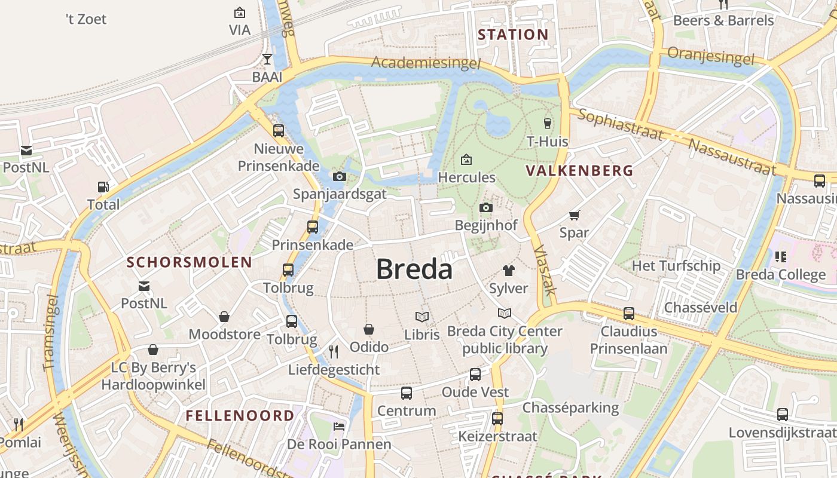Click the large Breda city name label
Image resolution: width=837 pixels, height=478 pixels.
pyautogui.click(x=414, y=269)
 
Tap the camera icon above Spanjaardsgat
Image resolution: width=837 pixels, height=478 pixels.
pyautogui.click(x=339, y=176)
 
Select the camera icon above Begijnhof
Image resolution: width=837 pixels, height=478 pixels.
pyautogui.click(x=485, y=207)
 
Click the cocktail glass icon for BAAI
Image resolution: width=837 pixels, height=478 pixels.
pyautogui.click(x=267, y=59)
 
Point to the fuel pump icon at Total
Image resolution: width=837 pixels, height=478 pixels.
pyautogui.click(x=103, y=187)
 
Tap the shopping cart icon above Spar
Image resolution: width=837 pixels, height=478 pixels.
pyautogui.click(x=574, y=215)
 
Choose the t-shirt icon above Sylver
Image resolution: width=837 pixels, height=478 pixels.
pyautogui.click(x=508, y=271)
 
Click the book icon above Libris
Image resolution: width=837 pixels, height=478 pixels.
pyautogui.click(x=422, y=317)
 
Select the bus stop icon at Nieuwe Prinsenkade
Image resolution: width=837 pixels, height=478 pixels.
pyautogui.click(x=279, y=130)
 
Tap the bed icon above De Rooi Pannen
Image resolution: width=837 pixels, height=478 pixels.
pyautogui.click(x=339, y=426)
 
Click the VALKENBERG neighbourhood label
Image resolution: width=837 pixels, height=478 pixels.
pyautogui.click(x=579, y=170)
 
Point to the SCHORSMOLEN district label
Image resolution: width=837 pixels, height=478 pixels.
pyautogui.click(x=190, y=262)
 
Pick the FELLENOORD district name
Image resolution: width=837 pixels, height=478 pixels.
pyautogui.click(x=240, y=415)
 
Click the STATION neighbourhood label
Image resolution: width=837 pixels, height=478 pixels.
pyautogui.click(x=513, y=35)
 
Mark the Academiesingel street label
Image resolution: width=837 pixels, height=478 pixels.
pyautogui.click(x=426, y=63)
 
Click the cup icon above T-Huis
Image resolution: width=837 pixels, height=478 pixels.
pyautogui.click(x=547, y=124)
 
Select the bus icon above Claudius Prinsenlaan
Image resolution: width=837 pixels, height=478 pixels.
pyautogui.click(x=628, y=313)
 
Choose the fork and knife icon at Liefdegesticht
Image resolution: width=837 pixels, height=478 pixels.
pyautogui.click(x=334, y=351)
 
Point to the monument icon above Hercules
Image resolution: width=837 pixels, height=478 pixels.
pyautogui.click(x=466, y=160)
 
